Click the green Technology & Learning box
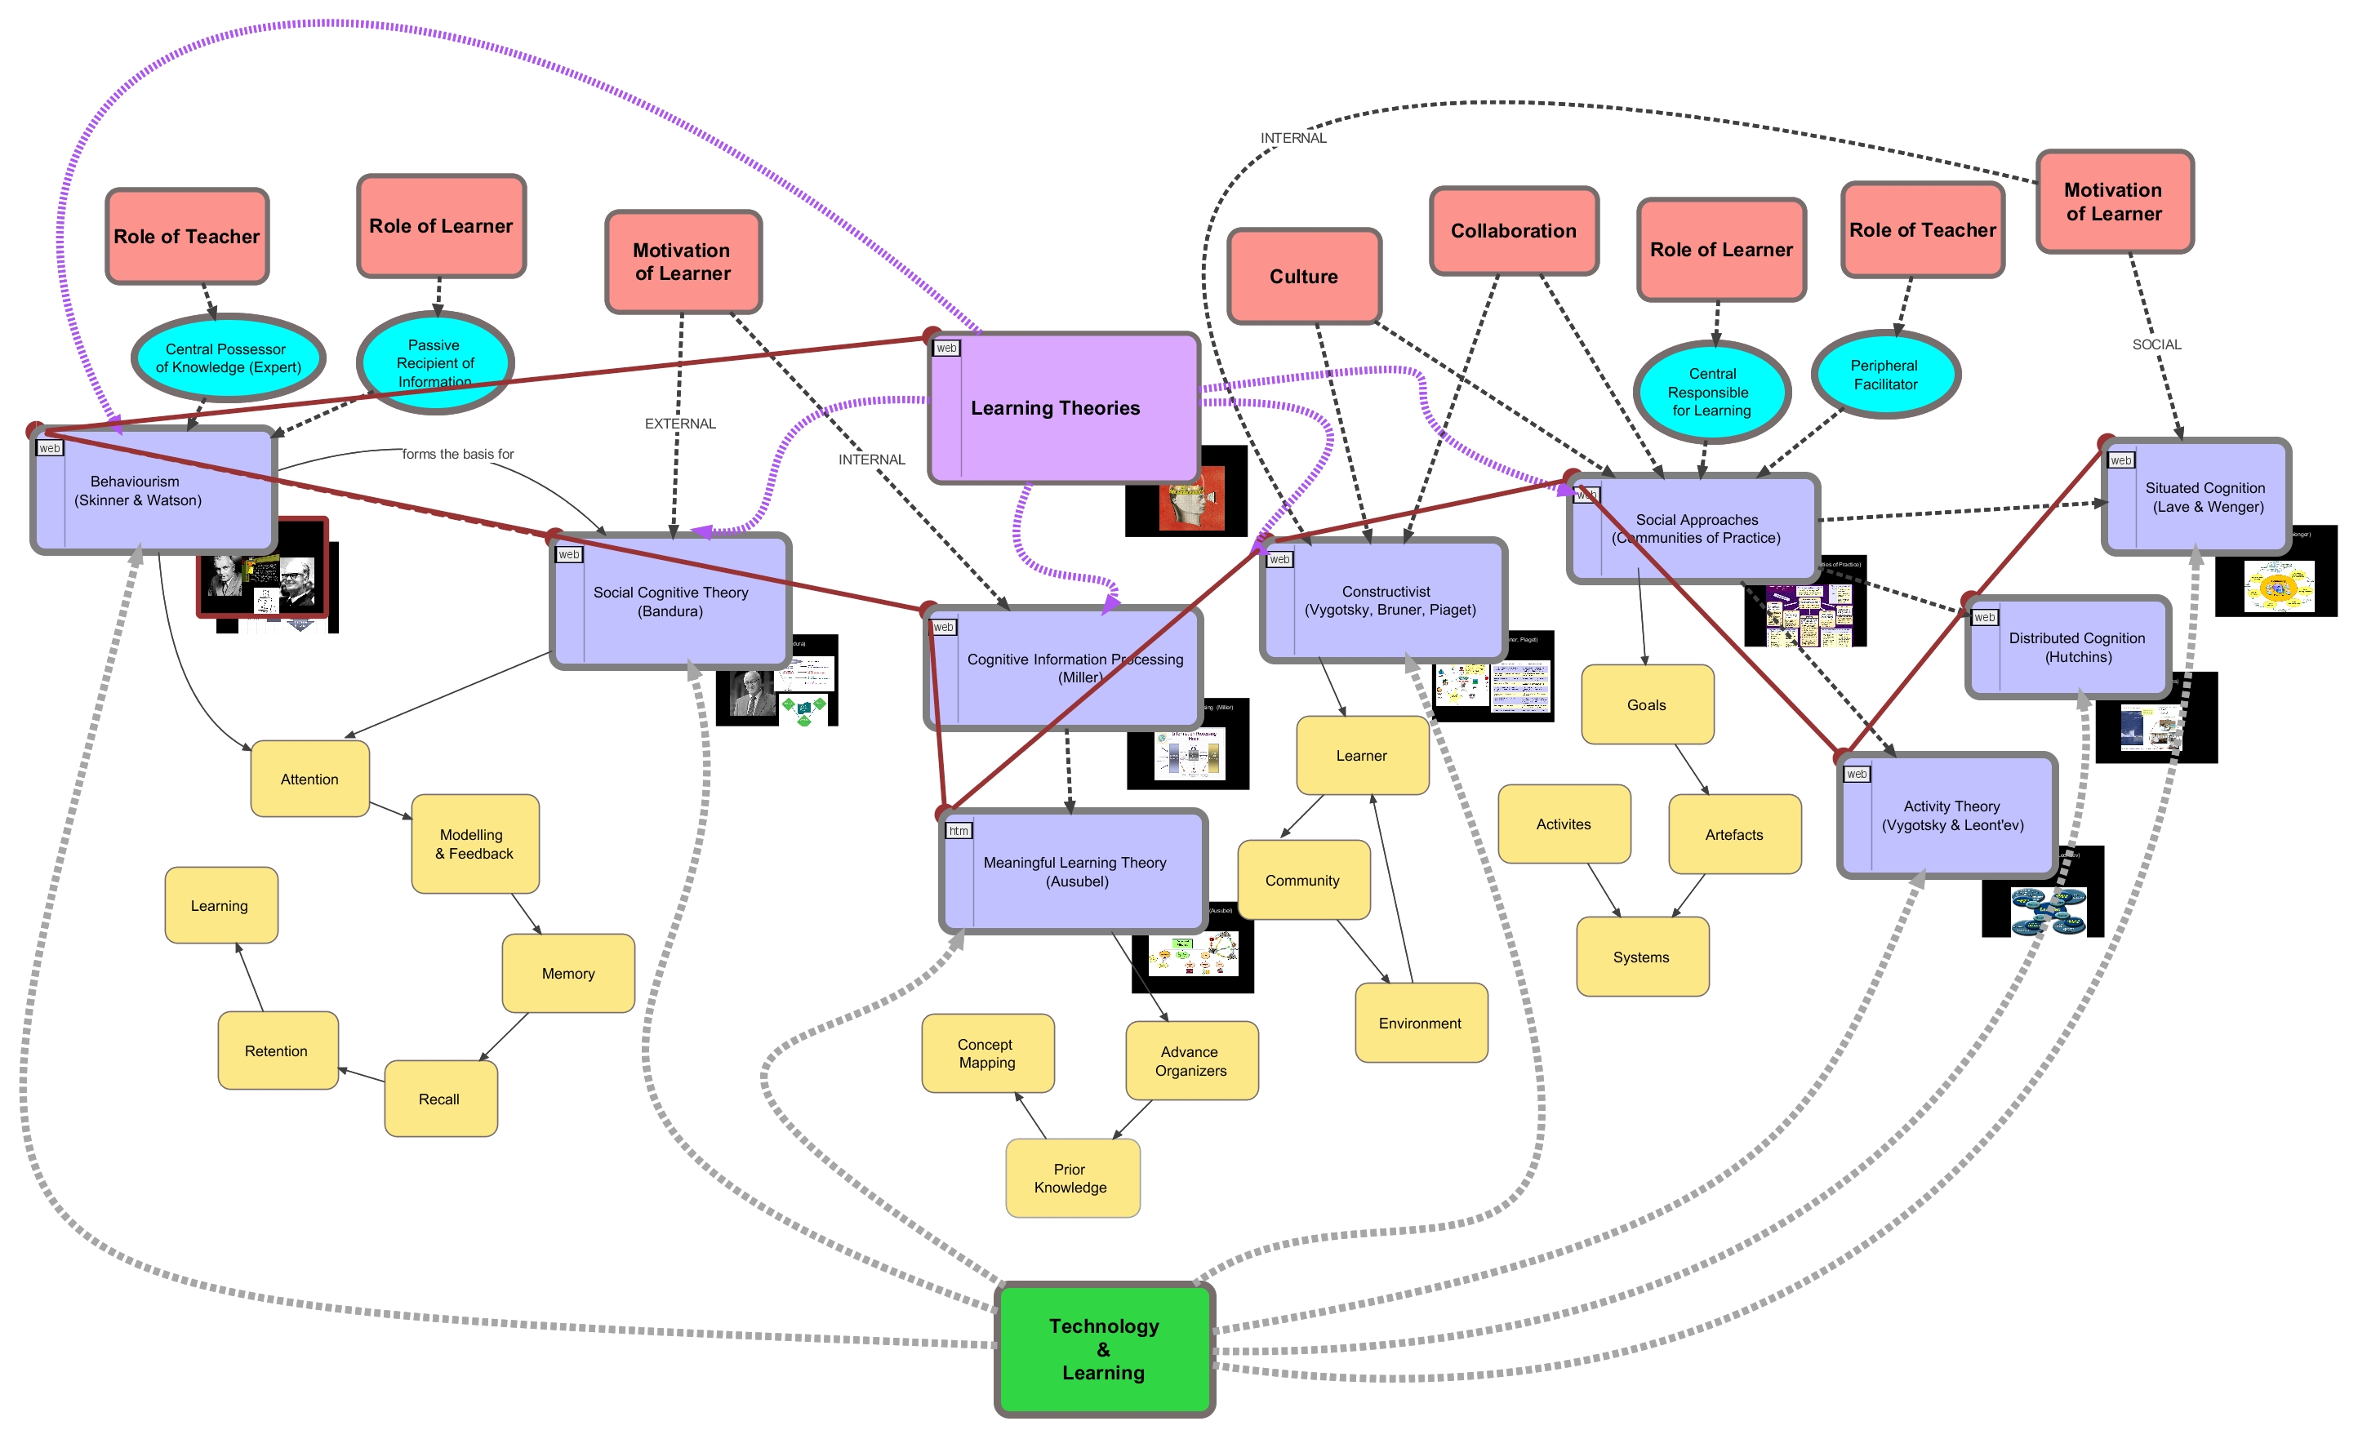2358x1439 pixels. (x=1105, y=1349)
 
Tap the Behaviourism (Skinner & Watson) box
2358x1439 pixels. (x=153, y=490)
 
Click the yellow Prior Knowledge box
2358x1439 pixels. (x=1072, y=1178)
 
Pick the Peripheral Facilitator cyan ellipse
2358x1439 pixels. (x=1884, y=375)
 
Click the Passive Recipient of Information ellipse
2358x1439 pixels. (x=434, y=362)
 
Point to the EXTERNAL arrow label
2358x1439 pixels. (x=679, y=424)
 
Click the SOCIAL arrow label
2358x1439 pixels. (x=2156, y=344)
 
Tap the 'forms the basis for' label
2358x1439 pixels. (x=457, y=455)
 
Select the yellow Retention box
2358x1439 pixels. (x=277, y=1050)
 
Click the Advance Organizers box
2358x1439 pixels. (x=1190, y=1061)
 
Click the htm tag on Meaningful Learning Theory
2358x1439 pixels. (x=958, y=830)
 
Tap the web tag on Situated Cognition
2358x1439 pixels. (x=2120, y=460)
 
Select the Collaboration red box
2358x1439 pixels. (x=1513, y=231)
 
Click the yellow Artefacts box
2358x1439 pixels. (x=1733, y=834)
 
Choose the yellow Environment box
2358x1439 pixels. (x=1420, y=1023)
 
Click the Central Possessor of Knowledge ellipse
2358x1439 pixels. (x=228, y=358)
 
